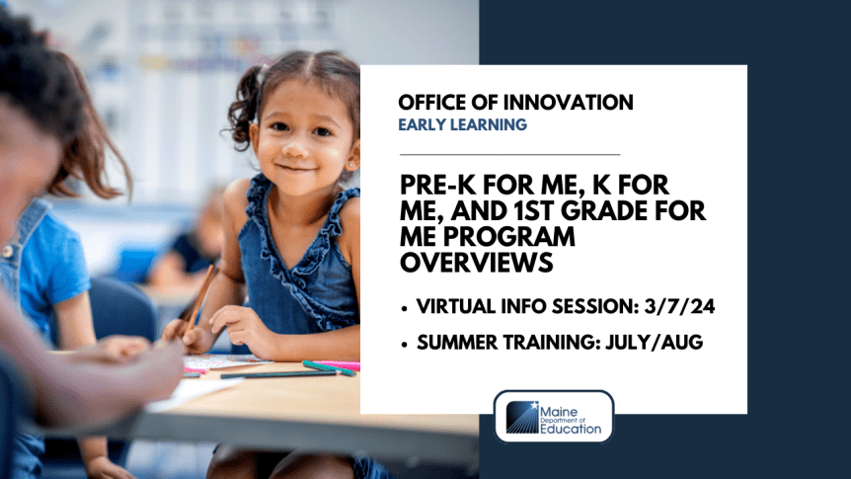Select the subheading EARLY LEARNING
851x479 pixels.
(462, 125)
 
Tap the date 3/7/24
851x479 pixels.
(680, 307)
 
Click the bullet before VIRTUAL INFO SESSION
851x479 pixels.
(405, 308)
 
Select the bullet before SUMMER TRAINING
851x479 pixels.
(405, 343)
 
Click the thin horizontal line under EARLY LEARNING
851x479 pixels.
(509, 155)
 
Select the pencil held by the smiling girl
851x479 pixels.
(200, 296)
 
